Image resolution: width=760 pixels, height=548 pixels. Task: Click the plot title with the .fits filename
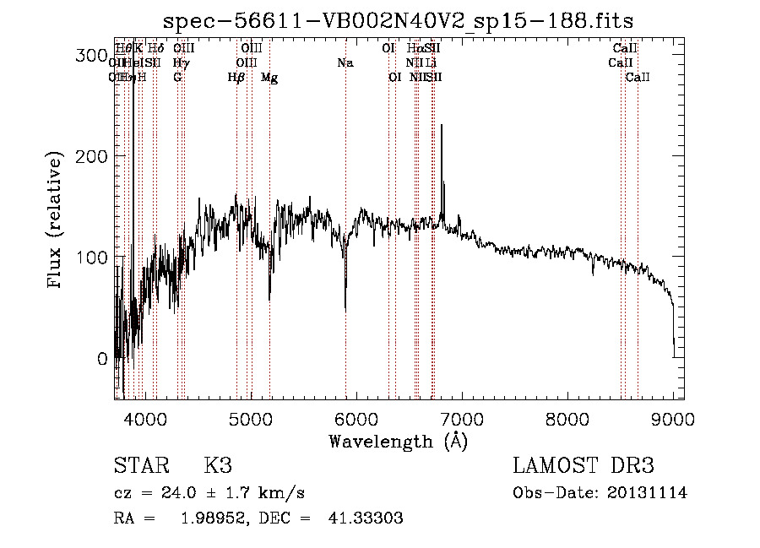tap(399, 19)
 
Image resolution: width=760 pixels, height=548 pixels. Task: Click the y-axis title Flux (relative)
tap(56, 220)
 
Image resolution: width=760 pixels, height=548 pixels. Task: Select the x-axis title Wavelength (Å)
tap(398, 442)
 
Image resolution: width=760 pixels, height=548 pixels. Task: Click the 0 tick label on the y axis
tap(101, 359)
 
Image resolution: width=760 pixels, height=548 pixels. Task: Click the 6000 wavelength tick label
tap(356, 417)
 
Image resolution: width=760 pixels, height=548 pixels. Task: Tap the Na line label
tap(345, 63)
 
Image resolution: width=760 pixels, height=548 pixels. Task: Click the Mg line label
tap(269, 78)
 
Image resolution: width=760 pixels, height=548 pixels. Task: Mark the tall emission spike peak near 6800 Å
tap(442, 127)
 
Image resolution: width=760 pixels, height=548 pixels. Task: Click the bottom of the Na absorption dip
tap(345, 310)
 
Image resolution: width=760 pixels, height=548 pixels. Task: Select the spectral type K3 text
tap(218, 466)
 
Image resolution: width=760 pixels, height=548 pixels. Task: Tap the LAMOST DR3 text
tap(584, 466)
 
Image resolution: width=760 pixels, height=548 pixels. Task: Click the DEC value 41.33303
tap(365, 518)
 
